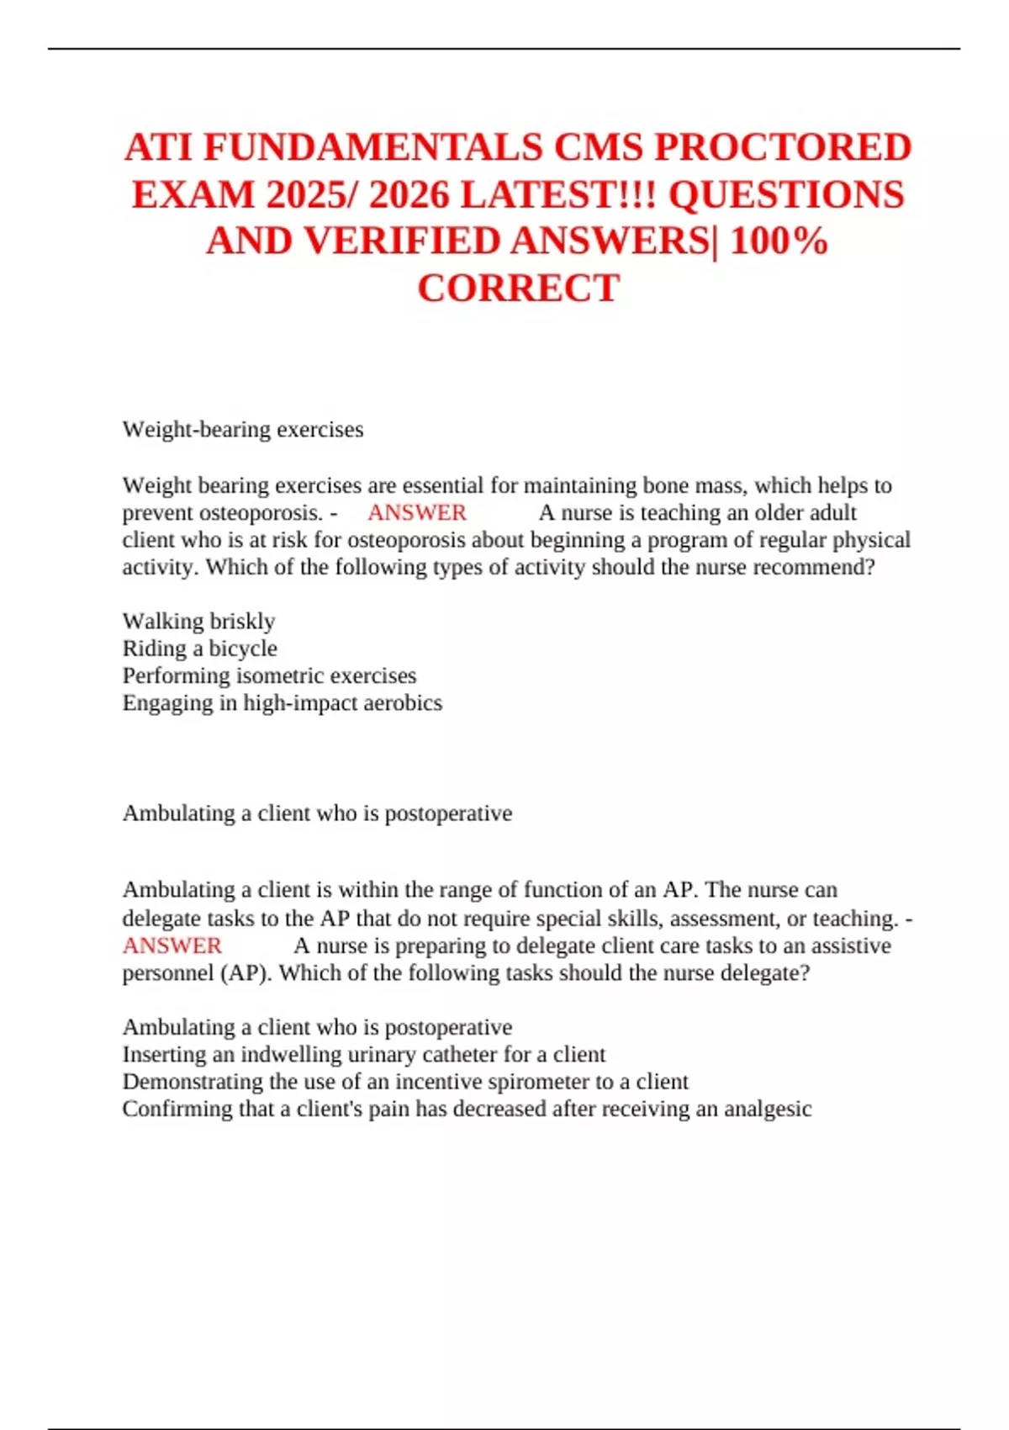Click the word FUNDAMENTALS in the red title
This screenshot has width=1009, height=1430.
pos(372,148)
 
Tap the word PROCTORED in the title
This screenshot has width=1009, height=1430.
pos(783,148)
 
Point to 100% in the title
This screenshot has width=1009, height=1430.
pos(779,241)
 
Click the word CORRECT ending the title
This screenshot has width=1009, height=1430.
pos(518,289)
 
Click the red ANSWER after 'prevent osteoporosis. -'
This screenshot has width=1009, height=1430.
pos(416,512)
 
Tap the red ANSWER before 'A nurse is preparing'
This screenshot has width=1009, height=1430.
pos(172,945)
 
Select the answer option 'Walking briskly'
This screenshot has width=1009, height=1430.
pos(198,621)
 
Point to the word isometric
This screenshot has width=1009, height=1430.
pos(281,675)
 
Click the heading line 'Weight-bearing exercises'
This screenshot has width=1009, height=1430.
pos(243,429)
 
